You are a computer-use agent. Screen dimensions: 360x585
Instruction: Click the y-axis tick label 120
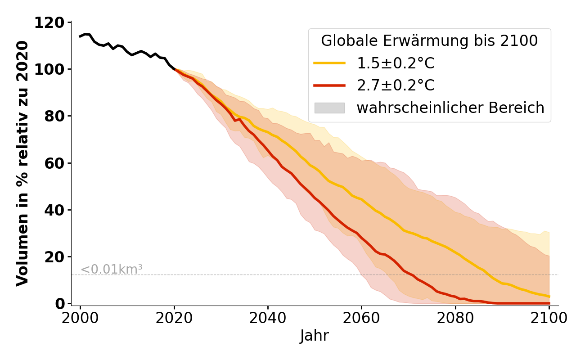[49, 22]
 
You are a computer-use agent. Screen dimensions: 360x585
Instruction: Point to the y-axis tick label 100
[49, 69]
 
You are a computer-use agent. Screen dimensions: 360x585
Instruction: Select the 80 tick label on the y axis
[54, 116]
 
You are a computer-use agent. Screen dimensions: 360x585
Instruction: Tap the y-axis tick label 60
[54, 163]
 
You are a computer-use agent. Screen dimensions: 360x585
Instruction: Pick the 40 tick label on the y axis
[54, 210]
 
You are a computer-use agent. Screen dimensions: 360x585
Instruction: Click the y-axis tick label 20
[54, 257]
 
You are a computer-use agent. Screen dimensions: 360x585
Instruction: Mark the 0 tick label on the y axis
[59, 304]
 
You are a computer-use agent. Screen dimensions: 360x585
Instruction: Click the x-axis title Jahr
[315, 336]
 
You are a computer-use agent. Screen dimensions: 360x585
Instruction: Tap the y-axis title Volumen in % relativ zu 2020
[22, 163]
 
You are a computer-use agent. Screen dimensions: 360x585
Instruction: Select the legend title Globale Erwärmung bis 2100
[429, 41]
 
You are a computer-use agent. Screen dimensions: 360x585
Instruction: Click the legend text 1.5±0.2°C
[396, 63]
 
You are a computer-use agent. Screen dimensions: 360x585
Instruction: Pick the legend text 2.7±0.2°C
[396, 85]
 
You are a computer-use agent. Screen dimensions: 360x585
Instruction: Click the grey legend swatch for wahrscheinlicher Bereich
[329, 108]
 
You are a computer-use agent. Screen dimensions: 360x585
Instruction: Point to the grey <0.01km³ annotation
[112, 270]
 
